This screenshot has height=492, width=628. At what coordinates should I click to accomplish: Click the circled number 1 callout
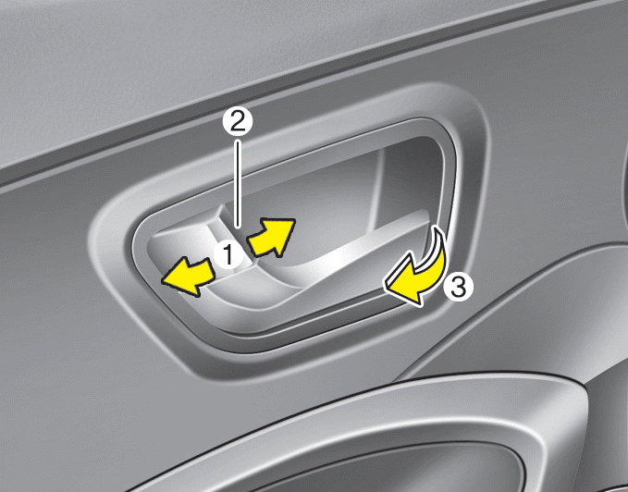(x=228, y=254)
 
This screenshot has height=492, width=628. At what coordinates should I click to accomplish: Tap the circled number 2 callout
(x=238, y=122)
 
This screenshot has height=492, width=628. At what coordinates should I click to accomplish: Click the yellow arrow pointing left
(x=189, y=277)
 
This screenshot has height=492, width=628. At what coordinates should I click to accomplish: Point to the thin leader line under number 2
(x=238, y=183)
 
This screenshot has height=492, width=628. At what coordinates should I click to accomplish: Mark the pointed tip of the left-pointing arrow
(x=162, y=279)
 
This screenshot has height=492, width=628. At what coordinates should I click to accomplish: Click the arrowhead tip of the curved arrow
(x=386, y=285)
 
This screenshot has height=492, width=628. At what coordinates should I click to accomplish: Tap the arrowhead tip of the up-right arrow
(x=294, y=219)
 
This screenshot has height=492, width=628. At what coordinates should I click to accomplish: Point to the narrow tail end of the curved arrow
(x=436, y=227)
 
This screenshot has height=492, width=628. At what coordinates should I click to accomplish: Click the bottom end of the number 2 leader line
(x=238, y=228)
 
